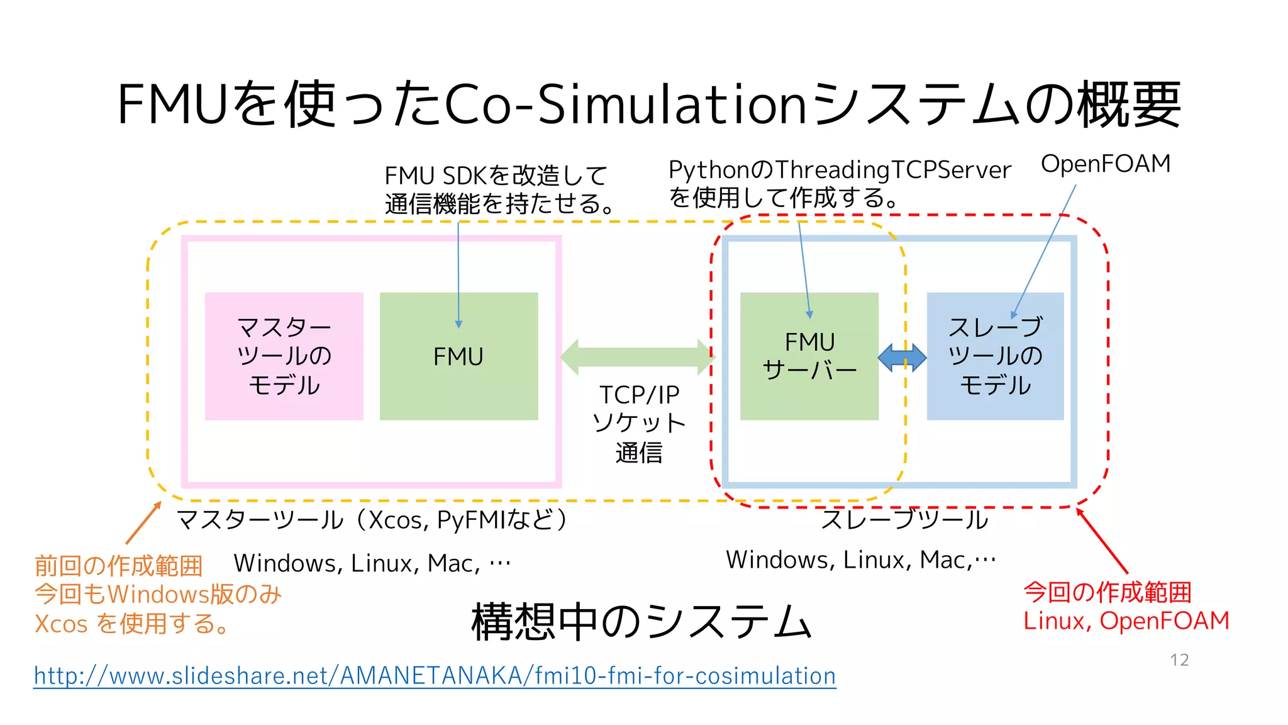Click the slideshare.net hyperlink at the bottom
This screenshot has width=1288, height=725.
[x=435, y=676]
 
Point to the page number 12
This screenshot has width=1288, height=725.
[x=1179, y=660]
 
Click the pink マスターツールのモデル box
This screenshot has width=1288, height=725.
[x=284, y=356]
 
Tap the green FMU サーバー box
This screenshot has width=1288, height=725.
[x=809, y=356]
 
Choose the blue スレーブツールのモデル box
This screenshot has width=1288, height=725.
[x=995, y=356]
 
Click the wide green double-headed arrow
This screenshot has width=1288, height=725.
[x=637, y=357]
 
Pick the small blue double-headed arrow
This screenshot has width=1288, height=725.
[x=902, y=357]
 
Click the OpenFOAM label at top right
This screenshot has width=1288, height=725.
[x=1106, y=164]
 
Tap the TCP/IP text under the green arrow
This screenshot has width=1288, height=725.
[x=639, y=395]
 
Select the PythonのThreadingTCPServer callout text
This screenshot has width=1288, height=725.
[x=839, y=170]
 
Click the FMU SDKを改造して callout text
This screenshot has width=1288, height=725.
[x=496, y=176]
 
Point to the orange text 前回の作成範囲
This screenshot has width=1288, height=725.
[x=118, y=566]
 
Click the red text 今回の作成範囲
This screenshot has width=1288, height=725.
[x=1107, y=592]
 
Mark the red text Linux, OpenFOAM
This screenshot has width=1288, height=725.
[x=1126, y=621]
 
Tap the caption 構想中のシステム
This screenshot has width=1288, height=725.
[x=641, y=622]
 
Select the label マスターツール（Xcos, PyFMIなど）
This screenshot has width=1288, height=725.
[x=372, y=520]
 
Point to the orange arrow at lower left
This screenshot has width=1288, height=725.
[x=143, y=524]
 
